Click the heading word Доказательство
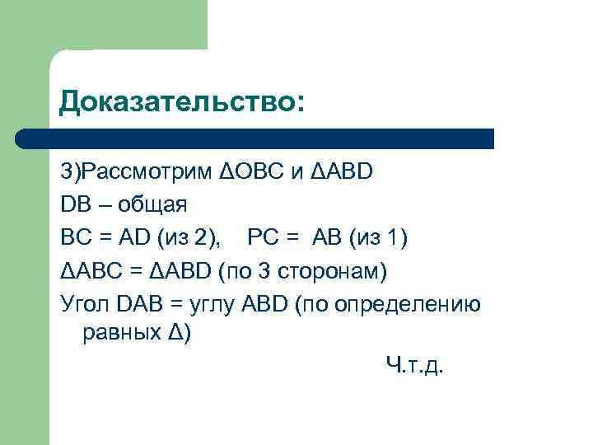click(181, 102)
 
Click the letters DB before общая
click(73, 204)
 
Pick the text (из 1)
click(377, 237)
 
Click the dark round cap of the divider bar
click(25, 138)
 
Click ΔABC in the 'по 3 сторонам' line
click(91, 270)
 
